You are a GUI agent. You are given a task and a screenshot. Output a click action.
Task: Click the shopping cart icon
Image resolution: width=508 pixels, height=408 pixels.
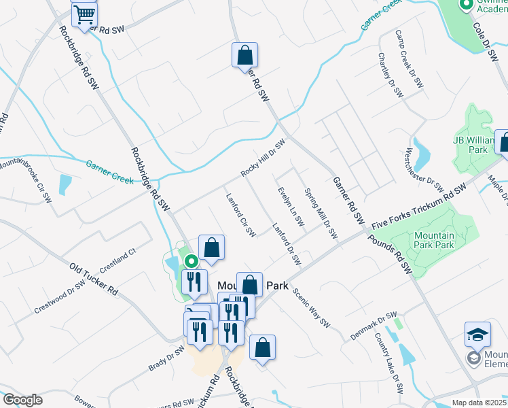click(x=84, y=14)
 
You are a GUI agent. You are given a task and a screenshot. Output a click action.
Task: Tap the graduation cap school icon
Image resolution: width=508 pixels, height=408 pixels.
click(x=478, y=335)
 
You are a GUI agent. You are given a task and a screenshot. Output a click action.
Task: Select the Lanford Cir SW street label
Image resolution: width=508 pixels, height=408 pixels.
click(x=240, y=215)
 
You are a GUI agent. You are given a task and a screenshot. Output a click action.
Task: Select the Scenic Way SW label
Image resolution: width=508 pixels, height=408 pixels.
click(x=312, y=307)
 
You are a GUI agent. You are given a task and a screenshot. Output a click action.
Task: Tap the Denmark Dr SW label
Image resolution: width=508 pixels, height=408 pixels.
click(x=373, y=326)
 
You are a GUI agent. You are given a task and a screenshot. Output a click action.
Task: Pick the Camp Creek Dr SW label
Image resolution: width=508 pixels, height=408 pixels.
click(x=408, y=59)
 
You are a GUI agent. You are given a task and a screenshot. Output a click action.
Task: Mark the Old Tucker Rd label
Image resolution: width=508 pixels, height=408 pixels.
click(x=93, y=279)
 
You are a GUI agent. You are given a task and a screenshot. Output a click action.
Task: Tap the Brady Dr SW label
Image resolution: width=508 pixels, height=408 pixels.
click(x=166, y=359)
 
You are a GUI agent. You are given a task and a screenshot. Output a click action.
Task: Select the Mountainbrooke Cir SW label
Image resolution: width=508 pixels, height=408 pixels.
click(x=27, y=180)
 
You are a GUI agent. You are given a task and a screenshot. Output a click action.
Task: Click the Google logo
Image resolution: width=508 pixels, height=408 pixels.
click(x=22, y=400)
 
